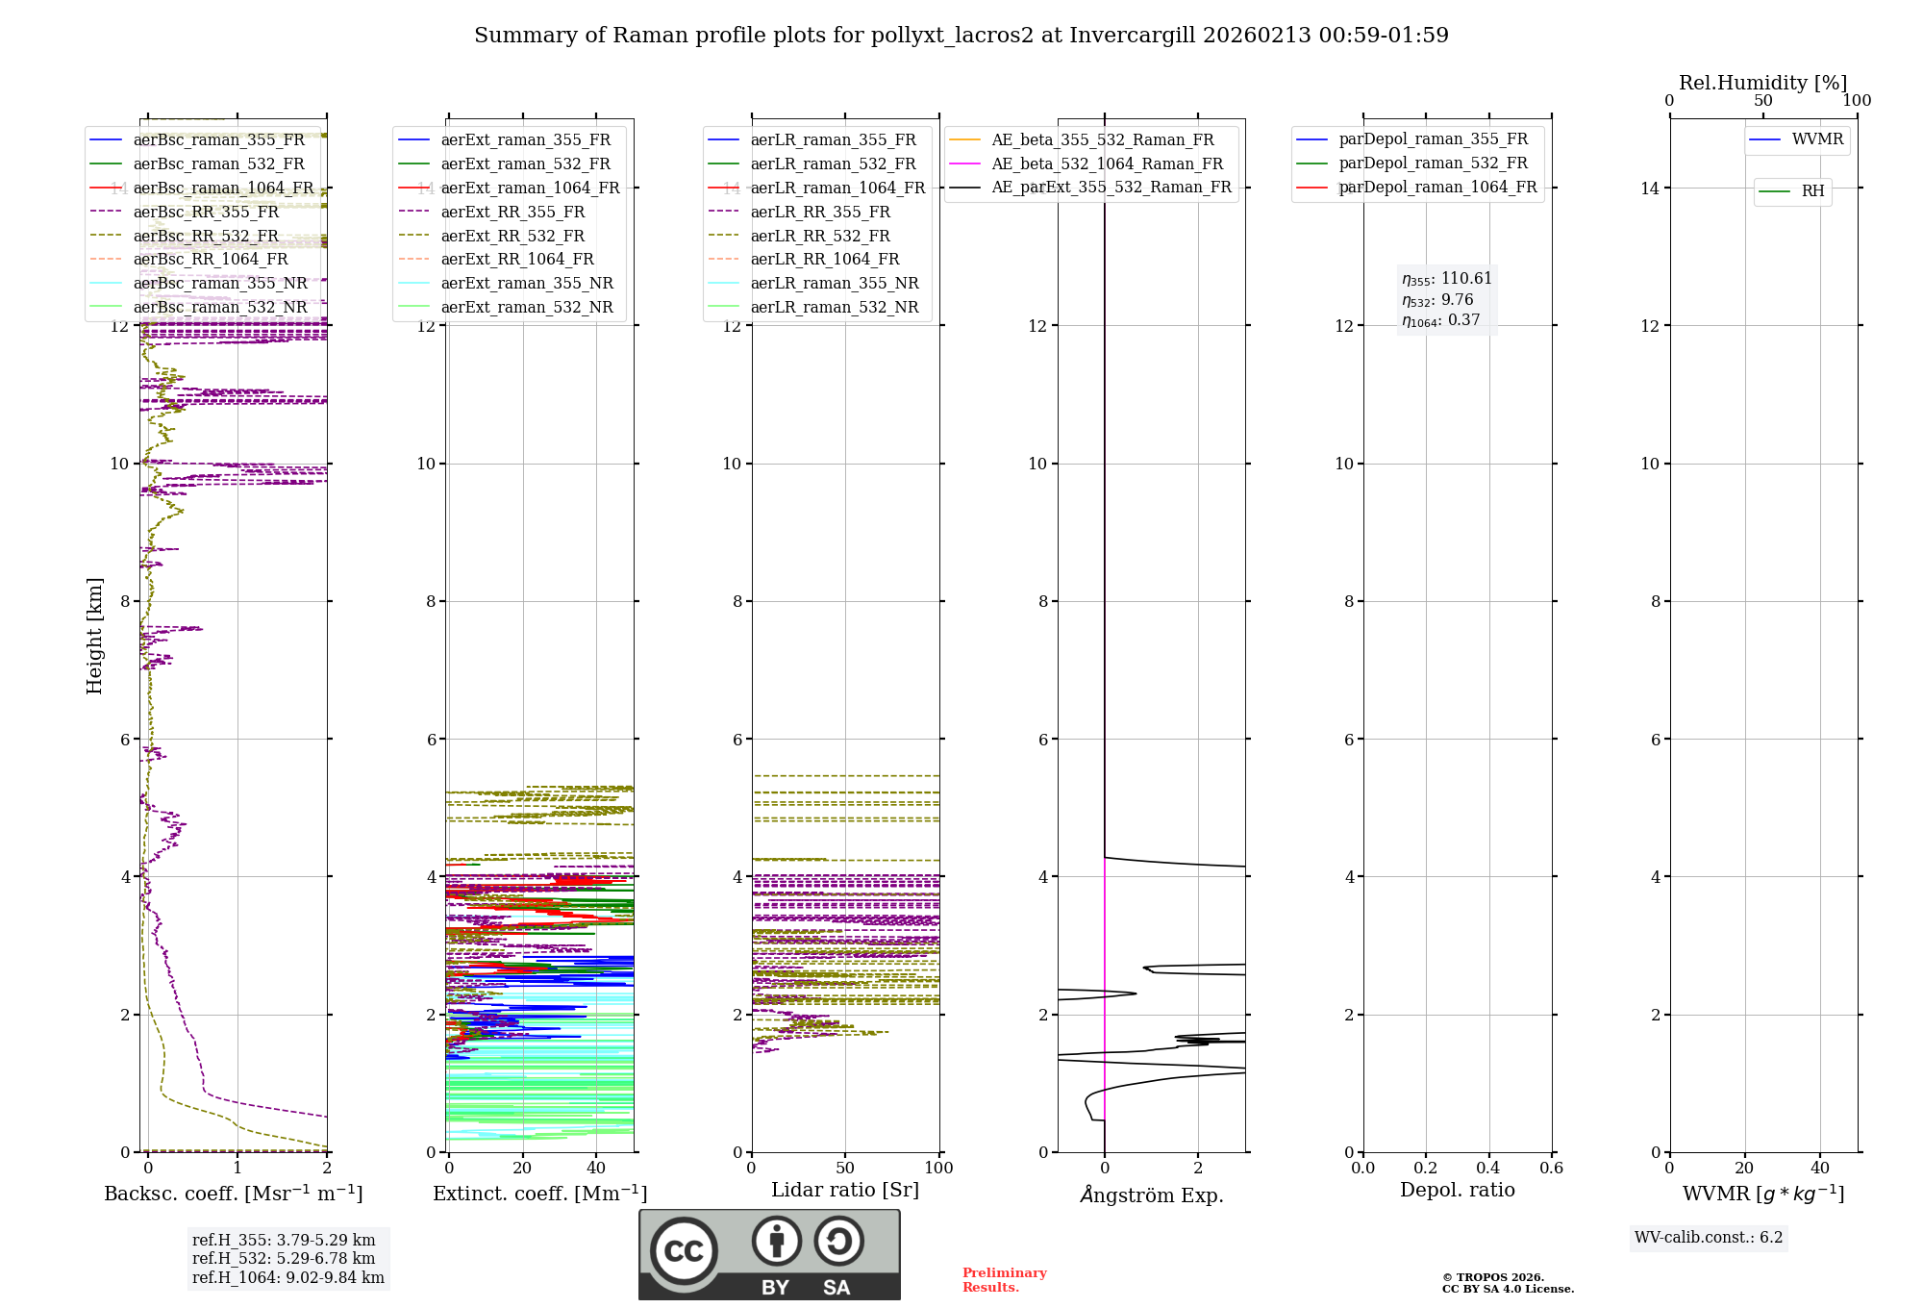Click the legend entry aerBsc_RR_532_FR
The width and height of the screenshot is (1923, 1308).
tap(206, 236)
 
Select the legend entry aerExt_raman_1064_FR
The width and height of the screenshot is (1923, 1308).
tap(530, 189)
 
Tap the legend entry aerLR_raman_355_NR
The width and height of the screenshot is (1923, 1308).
tap(834, 284)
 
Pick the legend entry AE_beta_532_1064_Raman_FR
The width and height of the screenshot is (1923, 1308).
tap(1107, 164)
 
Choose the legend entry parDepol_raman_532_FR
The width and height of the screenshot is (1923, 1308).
tap(1433, 163)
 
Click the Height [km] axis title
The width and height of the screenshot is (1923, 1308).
tap(94, 635)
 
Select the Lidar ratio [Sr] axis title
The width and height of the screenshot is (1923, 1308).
tap(845, 1190)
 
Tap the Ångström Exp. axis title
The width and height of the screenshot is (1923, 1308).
tap(1152, 1195)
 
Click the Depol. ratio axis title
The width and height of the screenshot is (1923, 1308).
tap(1458, 1190)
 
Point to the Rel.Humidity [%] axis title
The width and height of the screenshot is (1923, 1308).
tap(1762, 83)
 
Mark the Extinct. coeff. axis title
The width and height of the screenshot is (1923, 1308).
tap(539, 1194)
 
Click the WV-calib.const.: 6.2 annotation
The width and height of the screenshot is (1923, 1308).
tap(1709, 1238)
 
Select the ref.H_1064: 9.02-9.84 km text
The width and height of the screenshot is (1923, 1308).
tap(288, 1278)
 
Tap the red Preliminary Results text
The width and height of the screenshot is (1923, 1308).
tap(1004, 1280)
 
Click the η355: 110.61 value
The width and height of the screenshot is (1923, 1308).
tap(1447, 279)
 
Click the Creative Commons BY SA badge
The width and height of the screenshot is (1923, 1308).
tap(769, 1255)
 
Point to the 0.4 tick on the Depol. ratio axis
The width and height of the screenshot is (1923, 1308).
tap(1488, 1168)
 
